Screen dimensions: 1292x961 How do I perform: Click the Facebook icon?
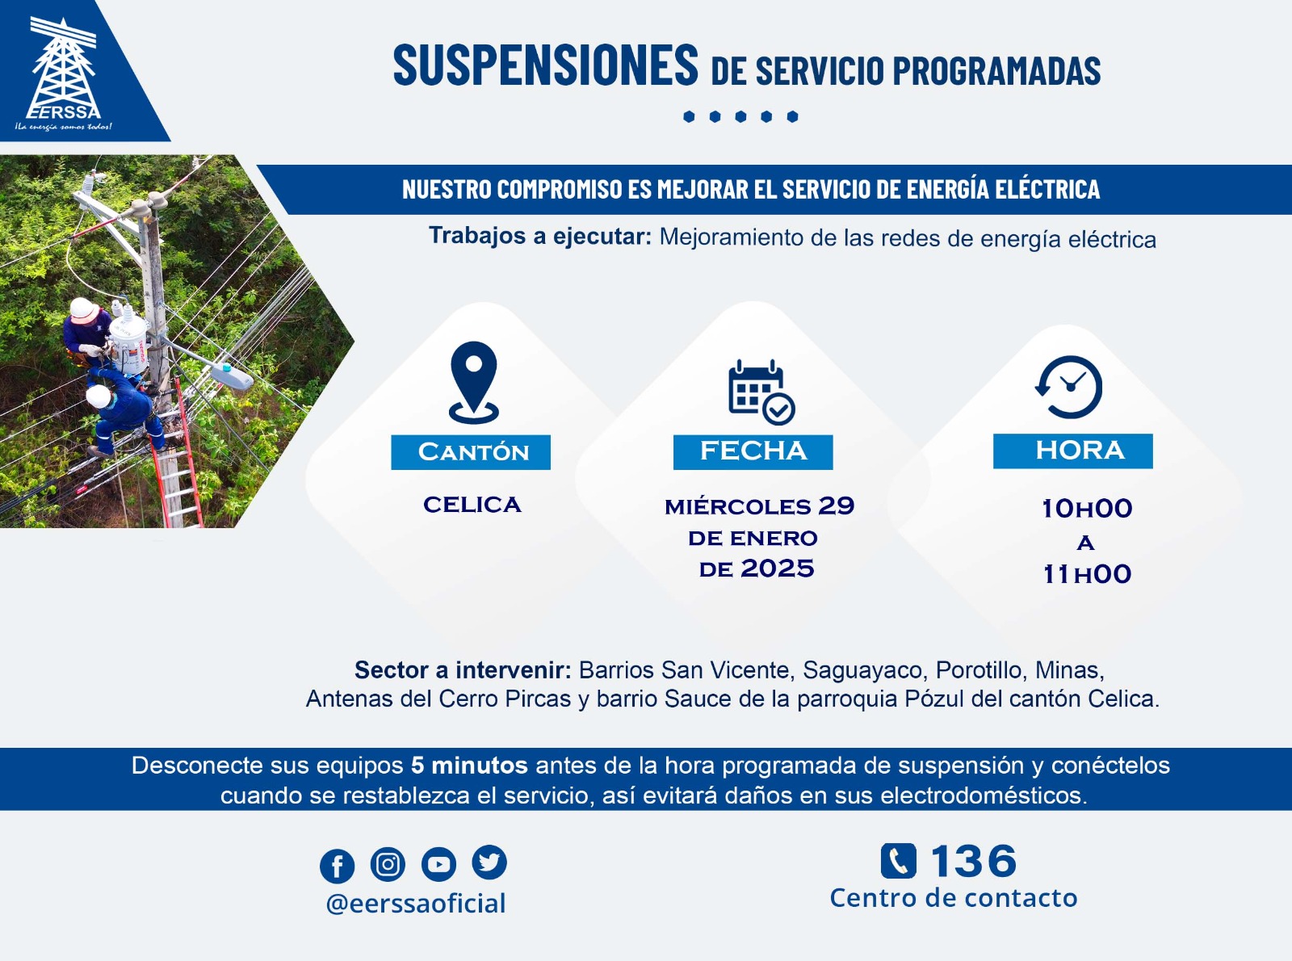pyautogui.click(x=338, y=866)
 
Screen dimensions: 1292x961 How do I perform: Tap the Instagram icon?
pyautogui.click(x=388, y=863)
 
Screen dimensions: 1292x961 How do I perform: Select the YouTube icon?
pyautogui.click(x=438, y=863)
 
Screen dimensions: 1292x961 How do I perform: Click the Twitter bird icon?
pyautogui.click(x=489, y=862)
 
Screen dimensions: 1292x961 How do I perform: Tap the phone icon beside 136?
pyautogui.click(x=898, y=861)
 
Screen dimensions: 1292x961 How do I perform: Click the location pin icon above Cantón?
pyautogui.click(x=473, y=382)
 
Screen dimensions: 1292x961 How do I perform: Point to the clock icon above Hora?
pyautogui.click(x=1069, y=387)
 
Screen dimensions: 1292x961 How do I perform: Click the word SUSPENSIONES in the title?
pyautogui.click(x=546, y=65)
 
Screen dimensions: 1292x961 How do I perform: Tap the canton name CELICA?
pyautogui.click(x=472, y=505)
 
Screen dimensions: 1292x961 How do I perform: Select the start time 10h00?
pyautogui.click(x=1087, y=508)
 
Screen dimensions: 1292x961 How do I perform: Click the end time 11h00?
pyautogui.click(x=1087, y=574)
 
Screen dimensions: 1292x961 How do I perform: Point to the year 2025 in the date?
pyautogui.click(x=777, y=569)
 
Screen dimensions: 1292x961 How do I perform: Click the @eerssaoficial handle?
pyautogui.click(x=416, y=904)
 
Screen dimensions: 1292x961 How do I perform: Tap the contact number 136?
pyautogui.click(x=973, y=861)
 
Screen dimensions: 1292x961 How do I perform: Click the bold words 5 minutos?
pyautogui.click(x=469, y=766)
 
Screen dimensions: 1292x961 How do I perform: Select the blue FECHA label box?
pyautogui.click(x=753, y=451)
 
